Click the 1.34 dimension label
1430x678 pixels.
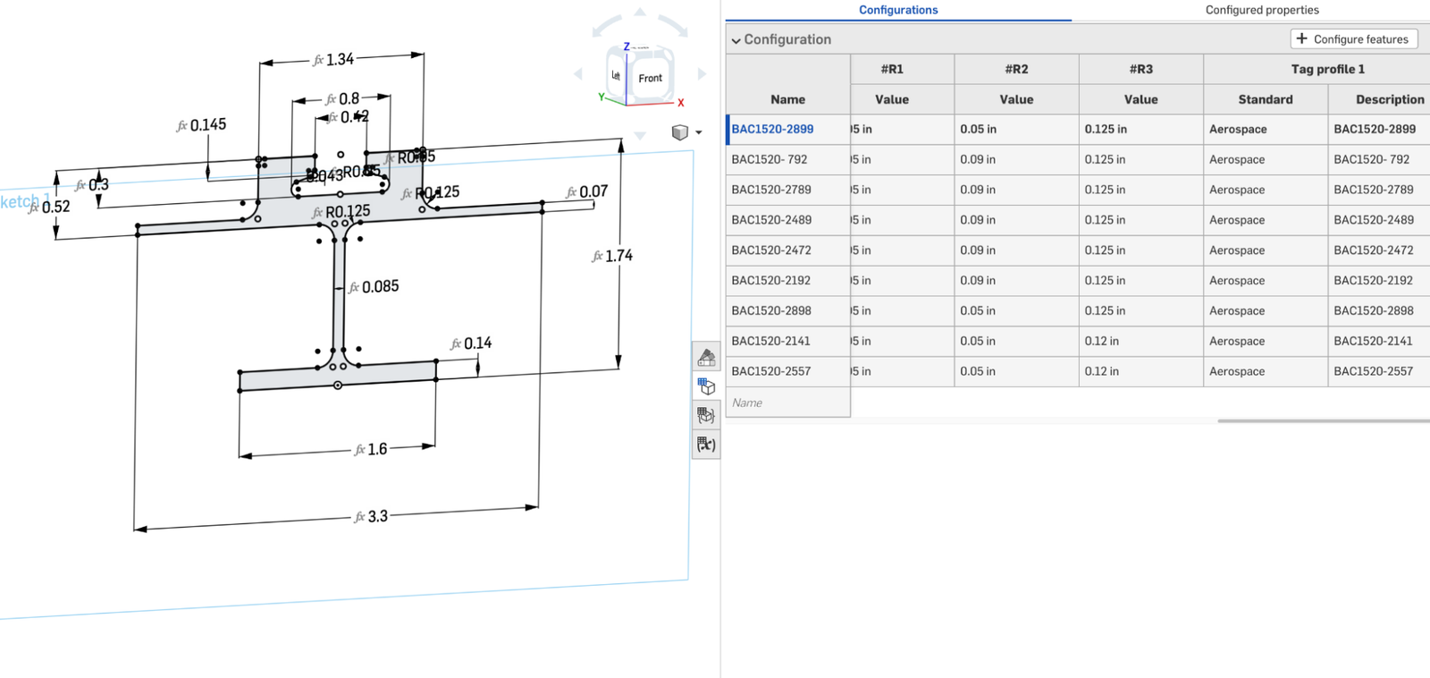click(x=339, y=60)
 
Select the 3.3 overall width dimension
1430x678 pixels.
click(x=377, y=517)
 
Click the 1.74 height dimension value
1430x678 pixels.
click(x=618, y=256)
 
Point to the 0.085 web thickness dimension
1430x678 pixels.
click(x=379, y=287)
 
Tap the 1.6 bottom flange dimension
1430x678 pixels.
click(x=376, y=449)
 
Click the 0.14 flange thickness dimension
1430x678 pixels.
click(x=476, y=343)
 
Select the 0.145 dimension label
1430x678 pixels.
click(x=207, y=125)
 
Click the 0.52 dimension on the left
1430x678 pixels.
click(x=55, y=208)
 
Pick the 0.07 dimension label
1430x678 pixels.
click(x=593, y=192)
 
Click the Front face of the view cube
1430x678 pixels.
click(x=650, y=79)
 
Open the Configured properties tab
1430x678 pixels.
click(x=1261, y=10)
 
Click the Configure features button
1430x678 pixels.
click(x=1353, y=39)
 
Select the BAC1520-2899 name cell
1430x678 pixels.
click(x=772, y=130)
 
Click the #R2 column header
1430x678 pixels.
click(x=1016, y=69)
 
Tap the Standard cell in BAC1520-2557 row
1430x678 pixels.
click(x=1237, y=371)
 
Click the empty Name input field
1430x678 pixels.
click(x=786, y=403)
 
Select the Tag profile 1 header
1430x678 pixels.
click(x=1327, y=69)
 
